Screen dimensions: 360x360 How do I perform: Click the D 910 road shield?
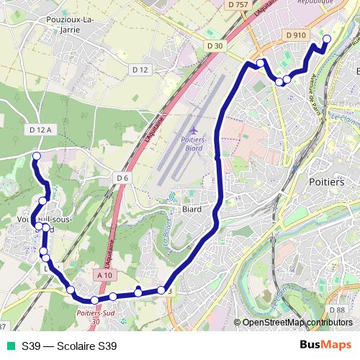point(295,34)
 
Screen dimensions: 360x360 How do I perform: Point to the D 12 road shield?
point(141,70)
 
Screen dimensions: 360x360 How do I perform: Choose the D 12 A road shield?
point(40,130)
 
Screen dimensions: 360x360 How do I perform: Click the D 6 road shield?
point(122,177)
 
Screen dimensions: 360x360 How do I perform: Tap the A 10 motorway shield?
point(104,274)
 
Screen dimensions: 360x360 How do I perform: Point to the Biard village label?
point(191,210)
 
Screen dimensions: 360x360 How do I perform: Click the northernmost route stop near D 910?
point(326,39)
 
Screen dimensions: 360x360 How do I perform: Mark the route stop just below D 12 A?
point(37,156)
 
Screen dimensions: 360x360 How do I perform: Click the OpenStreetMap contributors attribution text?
point(297,323)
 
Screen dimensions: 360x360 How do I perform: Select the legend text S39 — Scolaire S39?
point(69,346)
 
